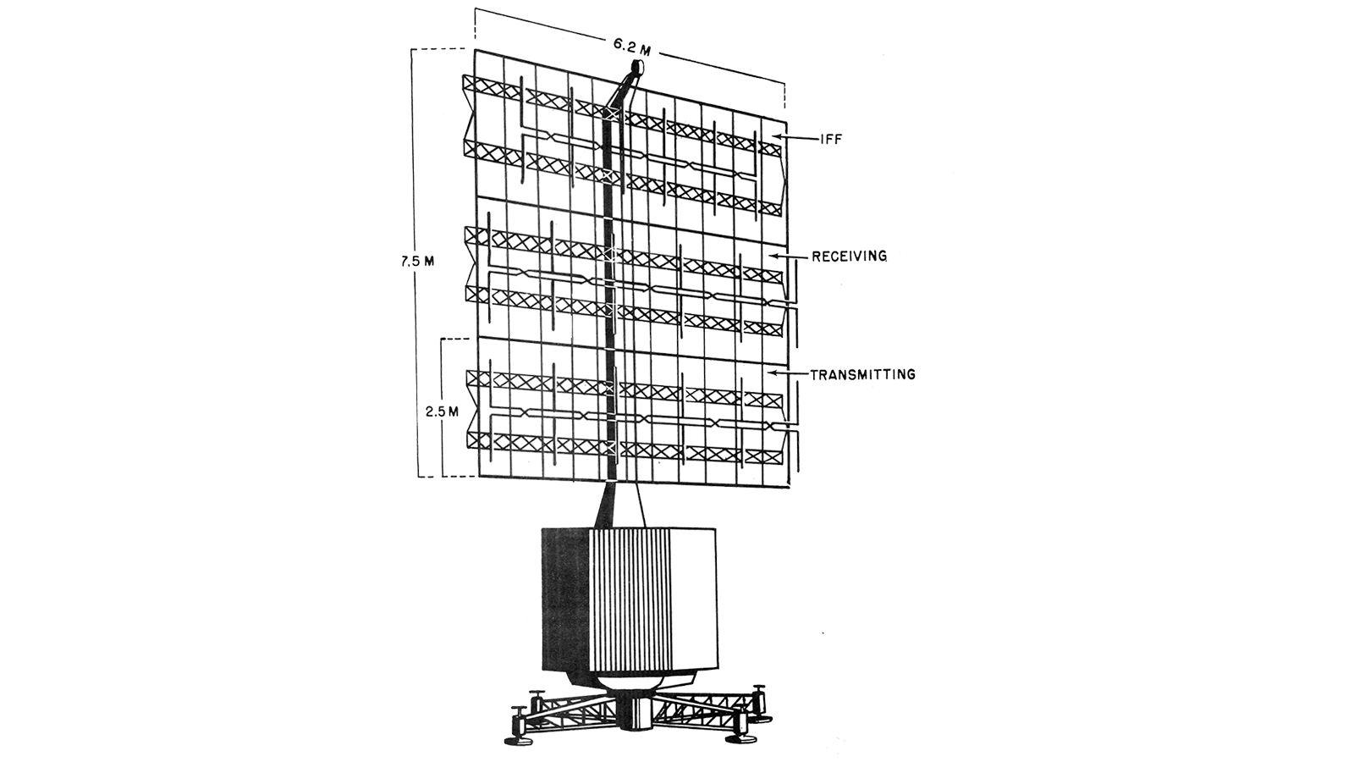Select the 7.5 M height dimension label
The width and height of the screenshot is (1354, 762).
pos(416,261)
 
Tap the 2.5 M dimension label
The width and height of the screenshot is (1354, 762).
pos(441,411)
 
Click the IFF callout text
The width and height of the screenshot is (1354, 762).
pos(830,140)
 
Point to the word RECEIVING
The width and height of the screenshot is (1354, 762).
pos(849,257)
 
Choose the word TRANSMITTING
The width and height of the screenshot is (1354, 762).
pos(862,374)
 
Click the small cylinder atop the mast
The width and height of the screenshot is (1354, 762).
pos(637,66)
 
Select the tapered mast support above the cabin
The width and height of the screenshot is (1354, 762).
pos(621,505)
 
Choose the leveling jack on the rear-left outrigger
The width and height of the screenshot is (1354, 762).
pos(536,705)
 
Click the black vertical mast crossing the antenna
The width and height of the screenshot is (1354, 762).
pos(611,290)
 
